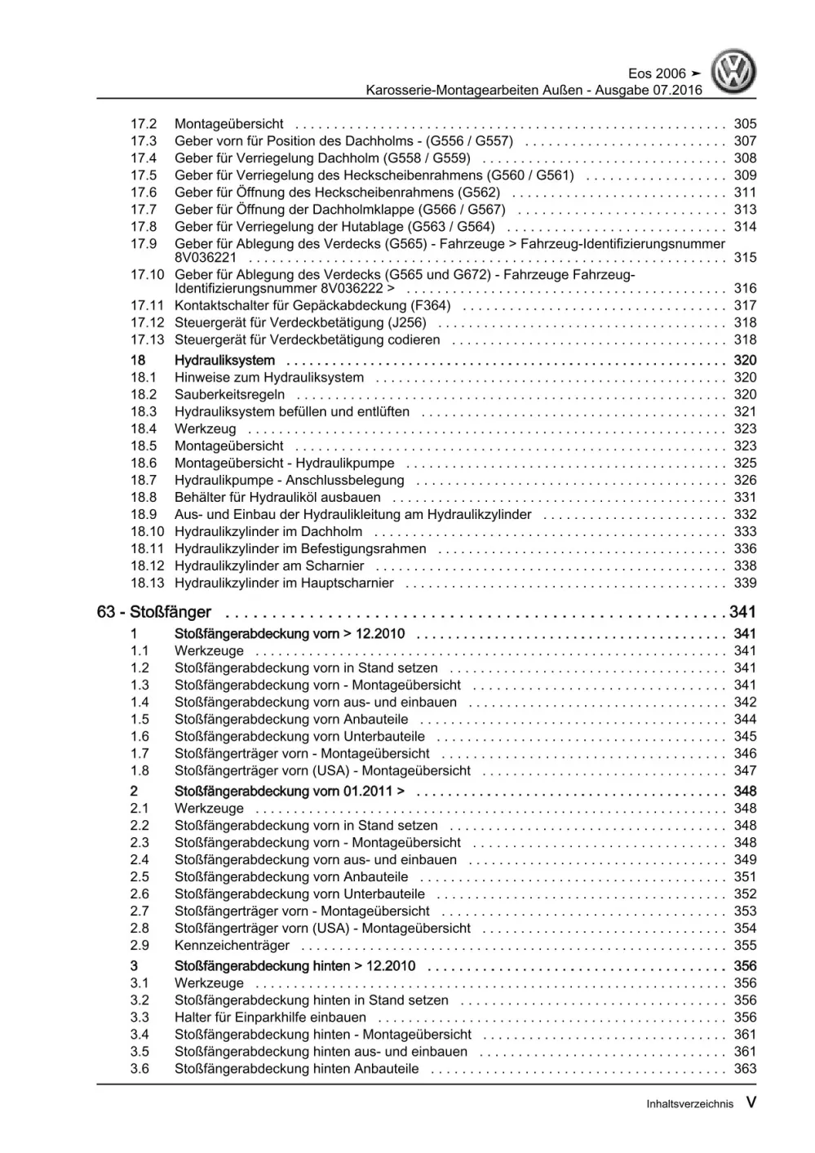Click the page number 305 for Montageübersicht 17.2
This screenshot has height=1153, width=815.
click(744, 124)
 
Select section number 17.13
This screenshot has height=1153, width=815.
click(147, 340)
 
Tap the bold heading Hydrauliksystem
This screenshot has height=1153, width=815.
click(224, 361)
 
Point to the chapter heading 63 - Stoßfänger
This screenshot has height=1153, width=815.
click(153, 612)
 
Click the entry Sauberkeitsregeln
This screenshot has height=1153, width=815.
click(229, 395)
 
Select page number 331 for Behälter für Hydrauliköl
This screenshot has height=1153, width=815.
click(744, 498)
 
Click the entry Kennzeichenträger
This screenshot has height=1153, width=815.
click(232, 946)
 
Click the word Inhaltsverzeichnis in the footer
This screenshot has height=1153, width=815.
click(689, 1104)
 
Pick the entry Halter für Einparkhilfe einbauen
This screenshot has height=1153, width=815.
click(270, 1018)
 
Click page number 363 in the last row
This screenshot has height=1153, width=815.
click(744, 1069)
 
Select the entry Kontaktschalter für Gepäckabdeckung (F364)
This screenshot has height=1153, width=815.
click(312, 306)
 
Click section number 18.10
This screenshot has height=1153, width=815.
click(147, 532)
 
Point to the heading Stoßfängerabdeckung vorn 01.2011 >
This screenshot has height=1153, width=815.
click(289, 792)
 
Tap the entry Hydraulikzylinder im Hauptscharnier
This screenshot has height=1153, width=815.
click(284, 583)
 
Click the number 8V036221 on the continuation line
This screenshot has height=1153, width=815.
click(206, 258)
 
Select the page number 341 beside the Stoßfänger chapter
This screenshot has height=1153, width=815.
click(742, 612)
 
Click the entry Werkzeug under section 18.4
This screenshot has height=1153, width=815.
click(205, 429)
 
